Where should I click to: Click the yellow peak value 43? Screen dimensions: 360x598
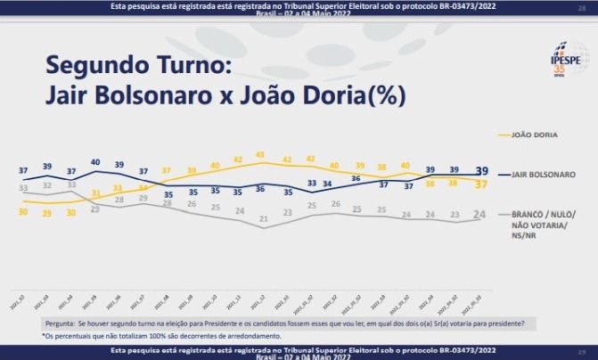[x=260, y=154]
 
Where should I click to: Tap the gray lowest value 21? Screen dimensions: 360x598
[x=263, y=218]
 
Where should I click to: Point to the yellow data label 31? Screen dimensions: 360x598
[x=95, y=193]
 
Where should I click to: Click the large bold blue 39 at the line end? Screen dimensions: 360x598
[x=480, y=171]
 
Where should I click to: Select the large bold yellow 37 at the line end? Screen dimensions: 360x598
[x=480, y=184]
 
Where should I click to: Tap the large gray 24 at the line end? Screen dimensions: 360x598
[x=479, y=214]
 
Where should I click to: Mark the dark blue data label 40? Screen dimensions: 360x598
[x=94, y=162]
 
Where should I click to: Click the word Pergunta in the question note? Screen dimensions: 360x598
[x=58, y=323]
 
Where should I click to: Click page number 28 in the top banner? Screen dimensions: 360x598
[x=581, y=7]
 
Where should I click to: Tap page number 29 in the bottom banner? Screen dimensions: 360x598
[x=581, y=353]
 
